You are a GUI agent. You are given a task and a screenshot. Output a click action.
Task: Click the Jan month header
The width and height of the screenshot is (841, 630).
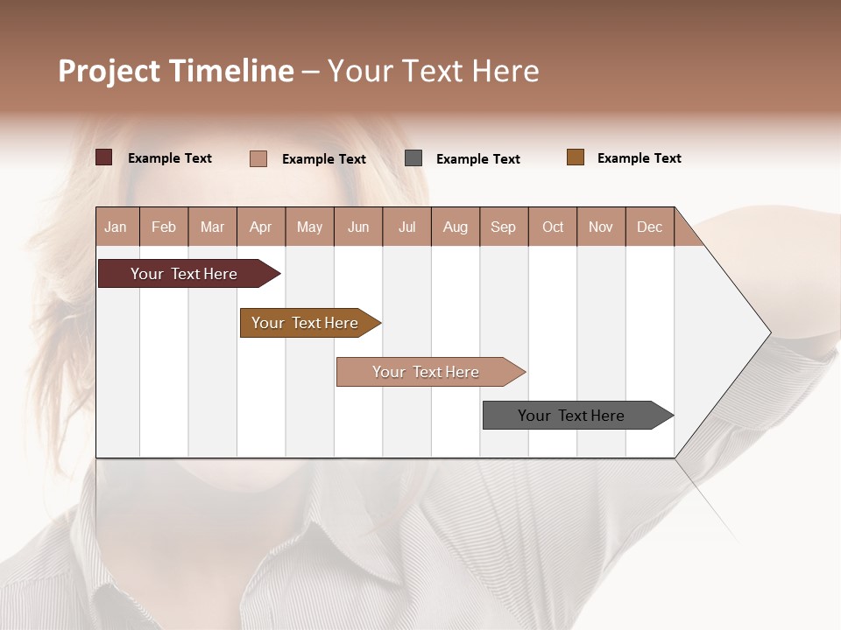point(116,227)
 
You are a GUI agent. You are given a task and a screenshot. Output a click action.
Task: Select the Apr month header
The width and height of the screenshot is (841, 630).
point(261,227)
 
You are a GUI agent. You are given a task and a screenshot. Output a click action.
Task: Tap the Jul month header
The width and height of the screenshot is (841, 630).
point(406,227)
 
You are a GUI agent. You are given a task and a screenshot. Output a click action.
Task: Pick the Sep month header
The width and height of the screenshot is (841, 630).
point(503,227)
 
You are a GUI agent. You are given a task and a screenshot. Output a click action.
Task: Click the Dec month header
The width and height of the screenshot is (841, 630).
point(649,227)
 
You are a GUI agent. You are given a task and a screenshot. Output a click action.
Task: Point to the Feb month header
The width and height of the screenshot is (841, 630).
point(164,227)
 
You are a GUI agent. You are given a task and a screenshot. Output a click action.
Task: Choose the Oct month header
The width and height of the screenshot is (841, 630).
point(553,227)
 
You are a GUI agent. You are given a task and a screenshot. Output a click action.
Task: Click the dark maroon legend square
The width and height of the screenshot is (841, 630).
point(104,157)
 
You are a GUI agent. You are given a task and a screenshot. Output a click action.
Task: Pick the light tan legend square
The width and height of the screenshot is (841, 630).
point(258,158)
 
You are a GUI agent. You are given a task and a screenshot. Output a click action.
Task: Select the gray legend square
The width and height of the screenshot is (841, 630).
point(413,158)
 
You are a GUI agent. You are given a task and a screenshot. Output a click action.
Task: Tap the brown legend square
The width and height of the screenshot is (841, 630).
point(576,157)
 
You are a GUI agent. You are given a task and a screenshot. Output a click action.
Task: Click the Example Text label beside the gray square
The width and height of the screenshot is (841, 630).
point(477,159)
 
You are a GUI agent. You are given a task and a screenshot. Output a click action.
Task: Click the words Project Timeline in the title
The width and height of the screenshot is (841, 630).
point(176,71)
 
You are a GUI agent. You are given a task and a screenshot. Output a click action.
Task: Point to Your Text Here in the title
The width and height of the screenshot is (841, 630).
point(434,71)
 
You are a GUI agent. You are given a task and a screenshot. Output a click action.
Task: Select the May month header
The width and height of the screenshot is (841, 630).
point(309,227)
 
